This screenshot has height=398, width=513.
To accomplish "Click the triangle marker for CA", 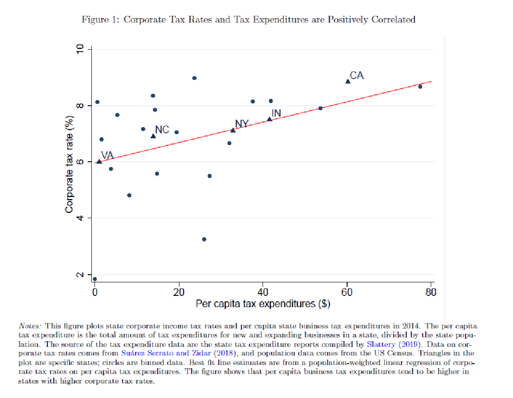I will [348, 81].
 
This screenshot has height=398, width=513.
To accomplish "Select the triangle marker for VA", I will [99, 161].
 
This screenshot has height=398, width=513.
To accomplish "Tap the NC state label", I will [162, 130].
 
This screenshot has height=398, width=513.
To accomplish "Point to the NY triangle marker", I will [233, 130].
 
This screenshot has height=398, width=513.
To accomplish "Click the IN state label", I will [276, 113].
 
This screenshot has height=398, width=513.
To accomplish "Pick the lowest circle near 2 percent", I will [94, 279].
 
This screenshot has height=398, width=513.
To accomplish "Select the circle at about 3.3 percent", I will [204, 239].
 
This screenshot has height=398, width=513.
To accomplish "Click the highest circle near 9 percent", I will [194, 78].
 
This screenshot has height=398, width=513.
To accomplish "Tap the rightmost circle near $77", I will [420, 87].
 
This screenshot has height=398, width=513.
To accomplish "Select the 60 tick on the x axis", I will [347, 292].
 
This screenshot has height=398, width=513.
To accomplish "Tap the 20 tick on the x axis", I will [179, 292].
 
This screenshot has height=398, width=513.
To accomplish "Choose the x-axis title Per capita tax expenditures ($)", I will [263, 304].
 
